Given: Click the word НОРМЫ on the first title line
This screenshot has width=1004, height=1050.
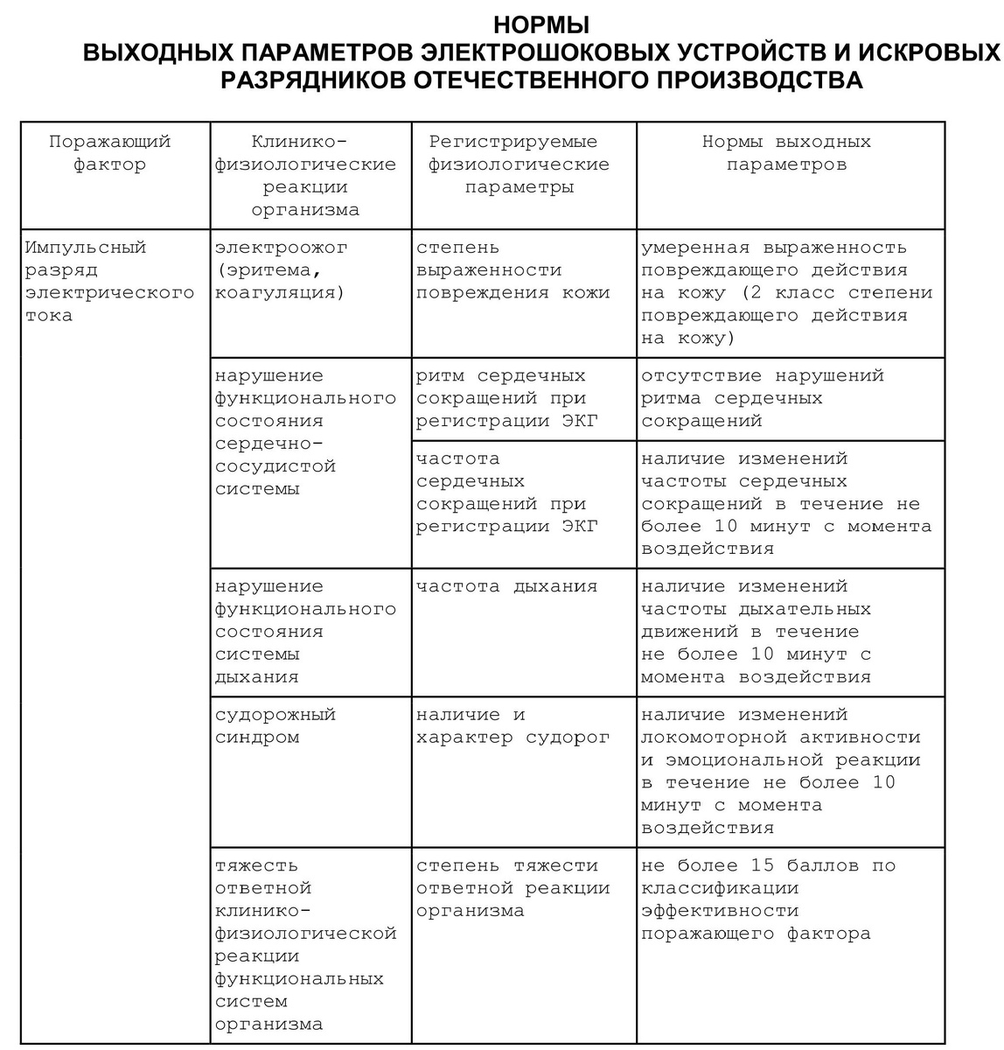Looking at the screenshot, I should (541, 24).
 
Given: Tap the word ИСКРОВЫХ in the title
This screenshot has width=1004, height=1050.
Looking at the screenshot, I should (927, 52).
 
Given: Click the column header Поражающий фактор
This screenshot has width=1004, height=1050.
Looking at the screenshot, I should (110, 153).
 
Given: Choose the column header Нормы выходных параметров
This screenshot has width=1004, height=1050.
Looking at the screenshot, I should (786, 153).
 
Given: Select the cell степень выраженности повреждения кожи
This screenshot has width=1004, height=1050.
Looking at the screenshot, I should (512, 270).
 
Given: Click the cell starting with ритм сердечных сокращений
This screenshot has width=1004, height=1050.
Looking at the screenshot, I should (506, 398).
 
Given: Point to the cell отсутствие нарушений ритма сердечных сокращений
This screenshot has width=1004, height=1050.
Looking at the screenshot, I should (762, 398).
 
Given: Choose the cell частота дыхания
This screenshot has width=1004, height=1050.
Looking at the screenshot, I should (506, 586).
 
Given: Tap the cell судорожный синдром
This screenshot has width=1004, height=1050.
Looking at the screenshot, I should (275, 725).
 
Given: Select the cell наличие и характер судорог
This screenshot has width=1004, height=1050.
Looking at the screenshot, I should (512, 725).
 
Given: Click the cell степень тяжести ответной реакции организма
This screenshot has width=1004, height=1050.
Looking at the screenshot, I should (512, 888).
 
